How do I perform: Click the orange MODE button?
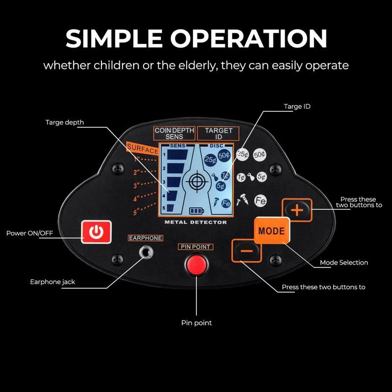click(271, 230)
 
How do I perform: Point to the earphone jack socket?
click(145, 252)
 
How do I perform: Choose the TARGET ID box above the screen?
click(219, 133)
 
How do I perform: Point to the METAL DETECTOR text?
click(196, 222)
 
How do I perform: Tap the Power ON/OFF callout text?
click(29, 233)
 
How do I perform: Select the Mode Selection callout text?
click(343, 263)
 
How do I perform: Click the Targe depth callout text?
click(65, 122)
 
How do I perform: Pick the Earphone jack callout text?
click(52, 282)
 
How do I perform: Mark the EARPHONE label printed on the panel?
click(146, 238)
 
